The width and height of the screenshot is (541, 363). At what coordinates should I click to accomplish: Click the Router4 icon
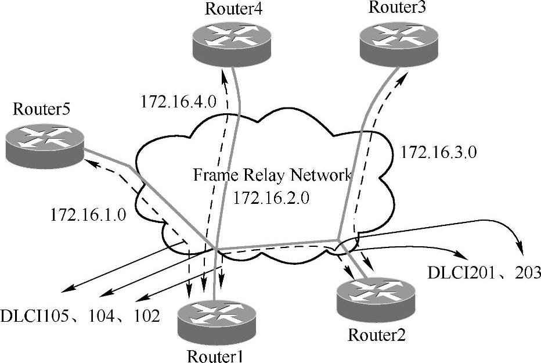point(228,42)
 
